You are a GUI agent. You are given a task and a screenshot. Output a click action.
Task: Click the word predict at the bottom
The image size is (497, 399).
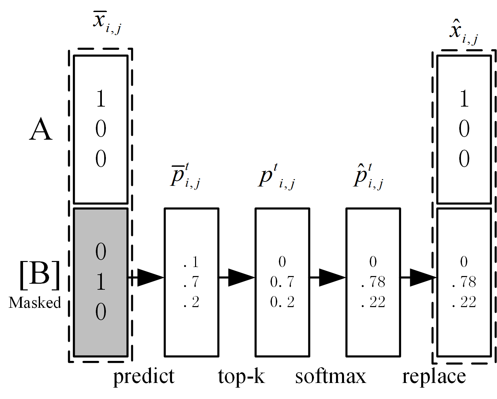pos(144,377)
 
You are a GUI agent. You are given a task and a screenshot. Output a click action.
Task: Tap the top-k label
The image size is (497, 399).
pos(241,376)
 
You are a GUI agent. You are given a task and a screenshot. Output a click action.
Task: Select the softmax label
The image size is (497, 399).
pos(331,376)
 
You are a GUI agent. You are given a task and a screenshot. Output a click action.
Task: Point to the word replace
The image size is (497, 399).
pos(434,377)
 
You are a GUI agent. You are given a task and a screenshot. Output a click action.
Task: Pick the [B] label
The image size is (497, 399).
pos(39,275)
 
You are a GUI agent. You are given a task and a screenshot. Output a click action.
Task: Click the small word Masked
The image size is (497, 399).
pos(35,303)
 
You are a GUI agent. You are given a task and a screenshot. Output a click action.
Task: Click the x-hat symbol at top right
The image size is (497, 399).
pos(463,33)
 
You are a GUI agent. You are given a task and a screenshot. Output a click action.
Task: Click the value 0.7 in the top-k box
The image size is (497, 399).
pos(282,282)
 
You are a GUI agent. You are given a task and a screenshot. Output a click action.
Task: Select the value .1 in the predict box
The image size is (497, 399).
pos(191,262)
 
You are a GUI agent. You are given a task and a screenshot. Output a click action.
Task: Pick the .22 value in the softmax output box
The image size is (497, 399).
pos(373,302)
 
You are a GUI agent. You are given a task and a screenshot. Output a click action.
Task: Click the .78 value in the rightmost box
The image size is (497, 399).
pos(464,282)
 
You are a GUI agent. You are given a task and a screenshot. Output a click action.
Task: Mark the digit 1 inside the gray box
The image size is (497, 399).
pos(101,281)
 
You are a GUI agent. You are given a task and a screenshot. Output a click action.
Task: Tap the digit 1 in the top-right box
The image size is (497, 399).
pos(464,99)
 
